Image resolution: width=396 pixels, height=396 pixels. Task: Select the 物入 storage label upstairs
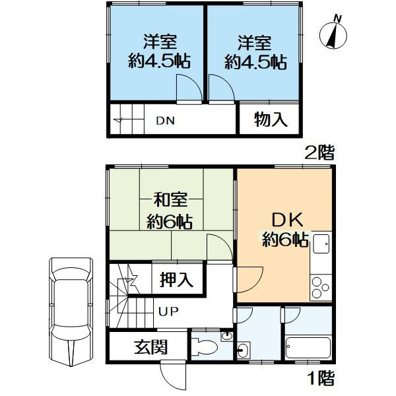[x=271, y=120]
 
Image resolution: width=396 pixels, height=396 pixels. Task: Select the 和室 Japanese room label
[x=169, y=199]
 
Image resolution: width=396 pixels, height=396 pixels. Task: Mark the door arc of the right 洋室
[x=220, y=86]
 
